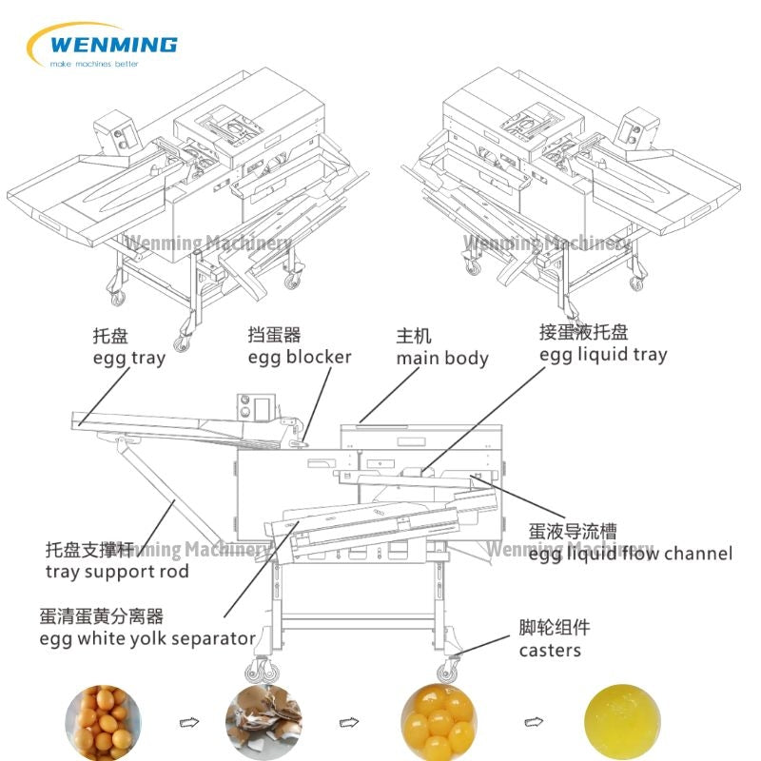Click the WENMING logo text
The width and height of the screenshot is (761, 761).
click(112, 44)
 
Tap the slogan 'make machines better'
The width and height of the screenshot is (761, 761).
click(94, 64)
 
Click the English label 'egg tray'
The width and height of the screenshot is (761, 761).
click(128, 359)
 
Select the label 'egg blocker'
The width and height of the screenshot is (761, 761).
click(300, 358)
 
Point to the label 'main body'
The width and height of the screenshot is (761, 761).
click(442, 359)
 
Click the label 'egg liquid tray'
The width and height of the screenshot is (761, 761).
click(603, 355)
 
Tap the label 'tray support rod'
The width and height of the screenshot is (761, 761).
click(117, 572)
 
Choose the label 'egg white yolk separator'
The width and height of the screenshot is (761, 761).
click(147, 638)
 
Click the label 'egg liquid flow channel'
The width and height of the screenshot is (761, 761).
click(631, 554)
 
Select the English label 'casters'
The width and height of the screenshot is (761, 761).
click(550, 651)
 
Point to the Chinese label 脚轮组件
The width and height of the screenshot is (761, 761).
click(555, 629)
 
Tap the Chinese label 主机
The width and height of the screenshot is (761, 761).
click(414, 337)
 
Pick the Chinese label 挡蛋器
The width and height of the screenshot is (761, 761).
click(274, 335)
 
